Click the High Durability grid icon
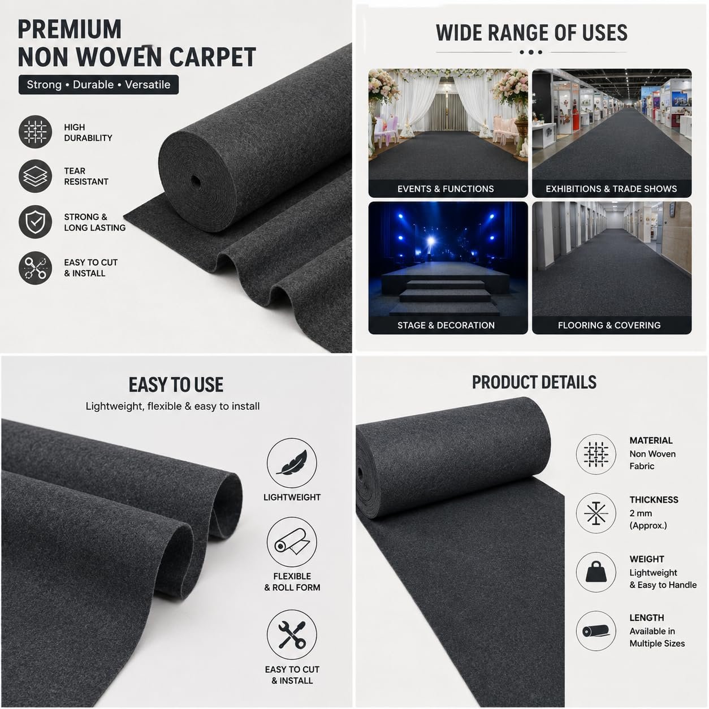click(x=35, y=132)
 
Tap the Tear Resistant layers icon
click(x=35, y=176)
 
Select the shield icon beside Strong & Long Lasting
click(x=35, y=222)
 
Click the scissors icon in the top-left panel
click(x=35, y=268)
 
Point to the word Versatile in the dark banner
click(x=148, y=85)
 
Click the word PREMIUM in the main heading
click(x=70, y=29)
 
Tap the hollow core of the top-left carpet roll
click(x=195, y=181)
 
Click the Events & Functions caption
click(x=446, y=189)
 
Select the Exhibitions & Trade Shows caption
click(x=611, y=189)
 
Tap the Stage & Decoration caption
click(x=446, y=325)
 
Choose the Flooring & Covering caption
click(x=609, y=325)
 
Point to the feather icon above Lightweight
click(x=292, y=463)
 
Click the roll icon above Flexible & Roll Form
click(x=292, y=542)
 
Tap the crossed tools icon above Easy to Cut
click(x=292, y=635)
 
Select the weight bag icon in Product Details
click(x=596, y=572)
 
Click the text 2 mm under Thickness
click(x=641, y=513)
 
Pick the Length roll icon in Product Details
click(x=596, y=631)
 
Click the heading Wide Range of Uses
click(x=531, y=33)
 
